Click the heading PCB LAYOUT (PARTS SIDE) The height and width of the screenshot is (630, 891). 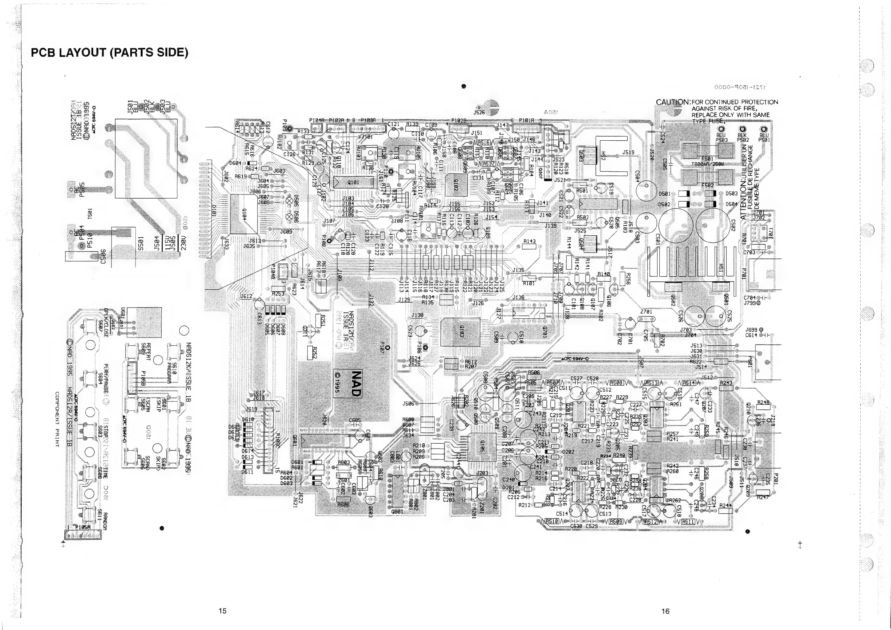(x=109, y=52)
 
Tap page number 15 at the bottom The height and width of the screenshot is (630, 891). (x=222, y=611)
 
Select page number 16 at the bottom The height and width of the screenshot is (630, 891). (x=665, y=611)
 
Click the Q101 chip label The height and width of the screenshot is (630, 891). (x=353, y=182)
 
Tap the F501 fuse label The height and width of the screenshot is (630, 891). (x=707, y=159)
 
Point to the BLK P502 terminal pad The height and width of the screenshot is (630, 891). (x=742, y=129)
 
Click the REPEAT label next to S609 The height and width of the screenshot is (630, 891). (x=148, y=351)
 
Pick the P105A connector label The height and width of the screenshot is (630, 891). (x=82, y=527)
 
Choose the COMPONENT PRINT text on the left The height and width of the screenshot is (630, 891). (x=57, y=419)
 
